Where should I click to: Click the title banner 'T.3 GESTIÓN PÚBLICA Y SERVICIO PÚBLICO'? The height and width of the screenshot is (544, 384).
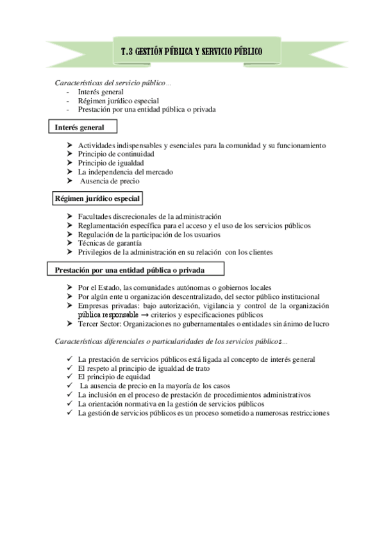(191, 51)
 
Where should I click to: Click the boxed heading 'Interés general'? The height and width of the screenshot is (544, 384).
(79, 128)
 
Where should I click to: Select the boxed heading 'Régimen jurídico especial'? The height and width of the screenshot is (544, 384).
(96, 199)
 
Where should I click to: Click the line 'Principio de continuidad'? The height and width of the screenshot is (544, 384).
(116, 155)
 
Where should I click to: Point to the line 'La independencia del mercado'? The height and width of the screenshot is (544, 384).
(126, 172)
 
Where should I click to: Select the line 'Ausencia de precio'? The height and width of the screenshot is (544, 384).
(110, 181)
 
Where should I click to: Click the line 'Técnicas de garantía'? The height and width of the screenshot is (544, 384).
(110, 243)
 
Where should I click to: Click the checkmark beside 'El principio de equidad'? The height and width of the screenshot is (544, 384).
(70, 377)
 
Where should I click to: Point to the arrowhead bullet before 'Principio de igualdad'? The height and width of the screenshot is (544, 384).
(70, 163)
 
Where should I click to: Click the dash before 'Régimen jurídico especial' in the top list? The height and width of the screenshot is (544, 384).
(67, 101)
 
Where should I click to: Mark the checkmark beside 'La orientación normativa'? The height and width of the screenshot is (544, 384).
(70, 404)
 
